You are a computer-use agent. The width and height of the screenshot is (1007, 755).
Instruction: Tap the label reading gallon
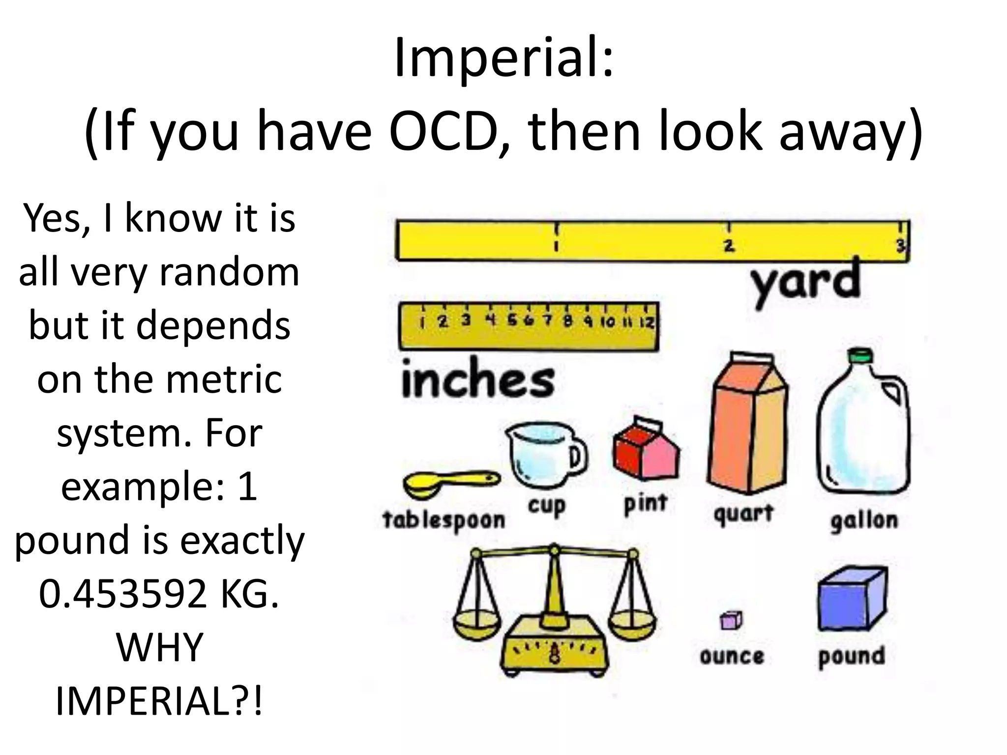click(864, 520)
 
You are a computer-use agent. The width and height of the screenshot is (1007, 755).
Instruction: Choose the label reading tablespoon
click(444, 520)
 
